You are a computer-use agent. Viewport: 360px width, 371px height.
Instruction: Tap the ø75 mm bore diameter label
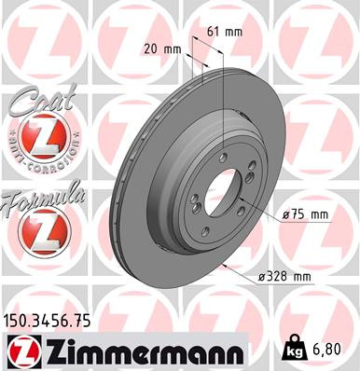click(307, 214)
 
